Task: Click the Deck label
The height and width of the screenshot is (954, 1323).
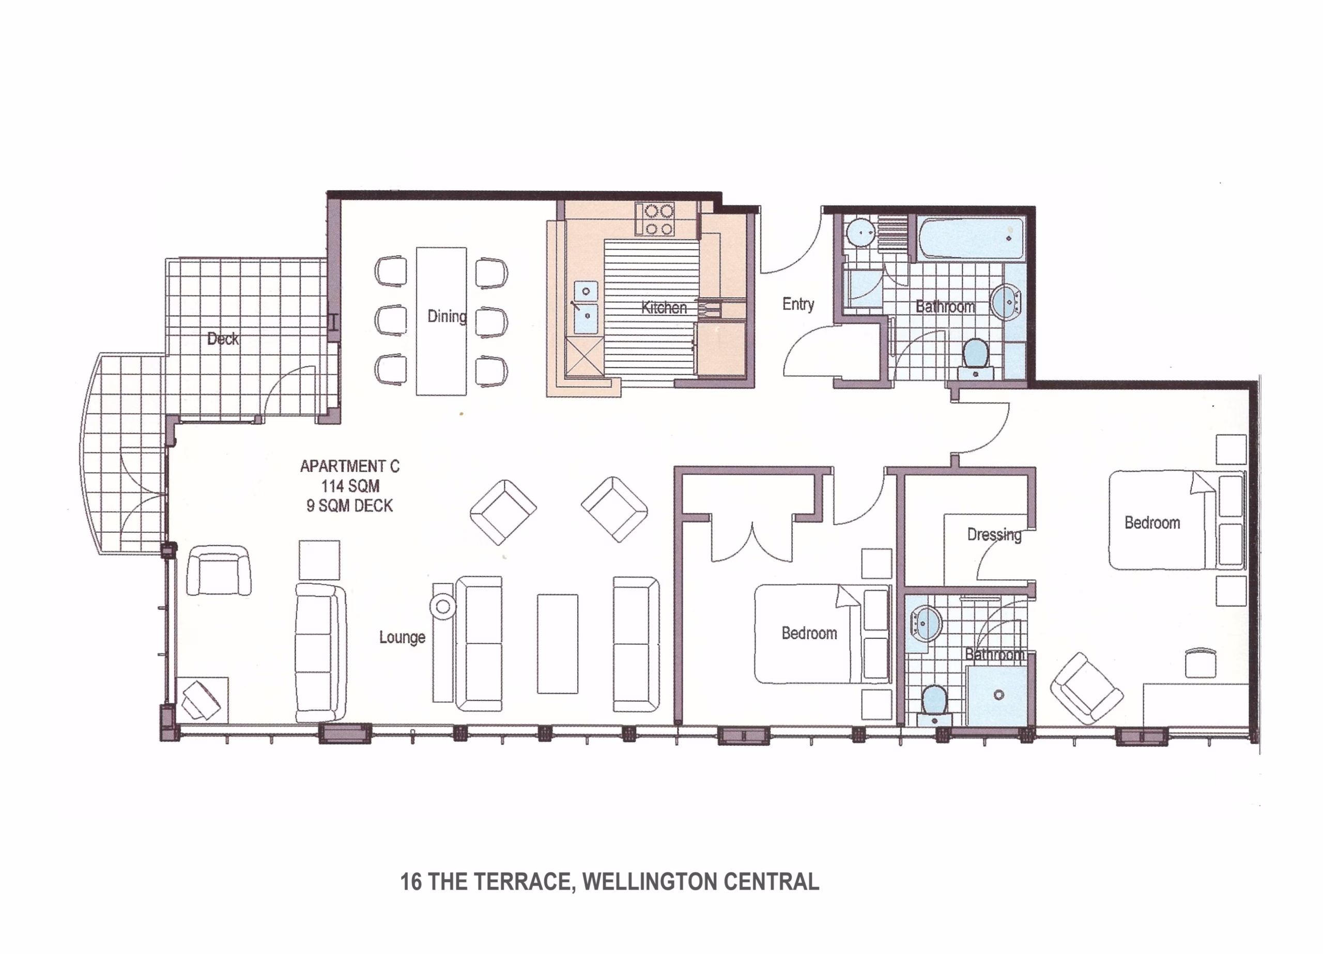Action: pos(223,338)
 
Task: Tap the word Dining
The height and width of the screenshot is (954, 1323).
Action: pos(447,316)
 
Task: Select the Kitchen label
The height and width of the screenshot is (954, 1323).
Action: pos(664,307)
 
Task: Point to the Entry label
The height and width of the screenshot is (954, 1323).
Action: pos(798,304)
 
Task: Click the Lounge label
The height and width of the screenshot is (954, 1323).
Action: pos(402,637)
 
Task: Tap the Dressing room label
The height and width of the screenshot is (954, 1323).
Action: pos(994,534)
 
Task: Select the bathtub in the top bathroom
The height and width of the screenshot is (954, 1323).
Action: pos(971,238)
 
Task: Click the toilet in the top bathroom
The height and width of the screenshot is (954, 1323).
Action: pos(975,357)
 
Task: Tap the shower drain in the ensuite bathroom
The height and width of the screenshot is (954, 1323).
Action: pos(998,695)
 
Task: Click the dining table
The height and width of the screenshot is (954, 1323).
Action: pos(441,321)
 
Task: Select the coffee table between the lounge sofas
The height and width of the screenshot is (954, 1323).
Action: pos(558,643)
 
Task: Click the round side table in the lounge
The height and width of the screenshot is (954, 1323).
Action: pos(443,607)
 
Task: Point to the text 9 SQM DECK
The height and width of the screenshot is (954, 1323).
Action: pos(349,505)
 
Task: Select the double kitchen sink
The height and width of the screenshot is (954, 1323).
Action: pos(586,307)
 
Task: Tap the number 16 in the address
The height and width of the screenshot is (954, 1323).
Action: pos(411,882)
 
